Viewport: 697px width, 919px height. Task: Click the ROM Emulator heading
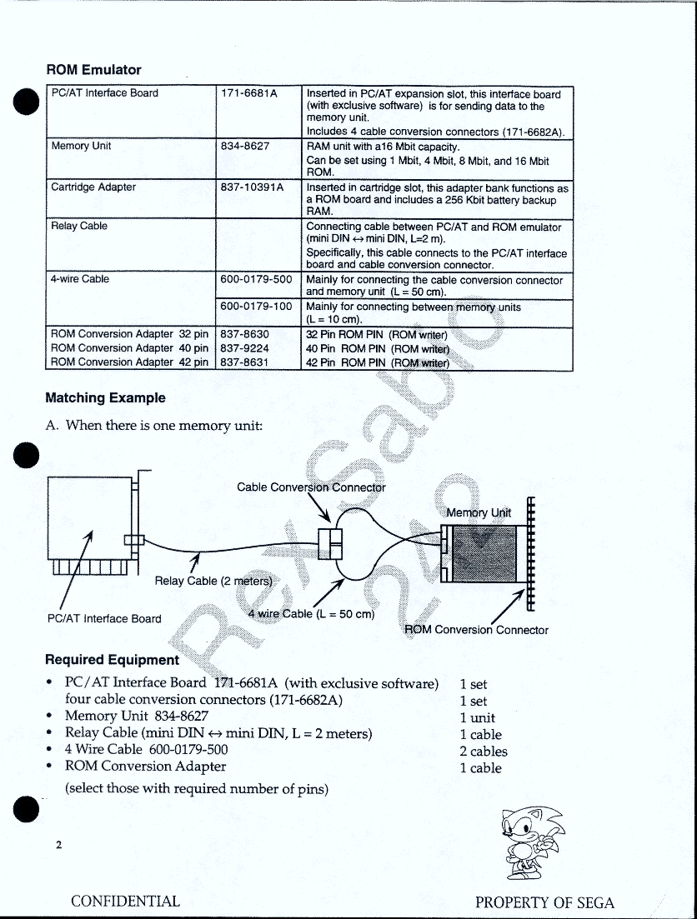[x=93, y=70]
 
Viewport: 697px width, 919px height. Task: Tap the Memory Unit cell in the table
[x=81, y=147]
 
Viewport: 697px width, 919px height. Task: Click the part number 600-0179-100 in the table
[x=256, y=307]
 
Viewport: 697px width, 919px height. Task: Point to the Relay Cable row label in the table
[x=79, y=227]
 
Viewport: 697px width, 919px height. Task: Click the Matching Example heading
[x=105, y=398]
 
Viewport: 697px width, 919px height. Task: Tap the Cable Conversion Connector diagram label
[x=311, y=487]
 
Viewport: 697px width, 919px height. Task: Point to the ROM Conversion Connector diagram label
[x=476, y=630]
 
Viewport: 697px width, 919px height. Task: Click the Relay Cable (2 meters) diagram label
[x=213, y=581]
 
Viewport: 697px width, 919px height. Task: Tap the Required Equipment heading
[x=112, y=660]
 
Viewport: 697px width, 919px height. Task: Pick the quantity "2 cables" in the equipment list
[x=483, y=752]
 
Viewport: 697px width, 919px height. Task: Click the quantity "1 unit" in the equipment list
[x=477, y=718]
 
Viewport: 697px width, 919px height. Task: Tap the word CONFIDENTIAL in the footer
[x=125, y=902]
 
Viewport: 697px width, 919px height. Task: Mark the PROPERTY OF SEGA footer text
[x=544, y=903]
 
